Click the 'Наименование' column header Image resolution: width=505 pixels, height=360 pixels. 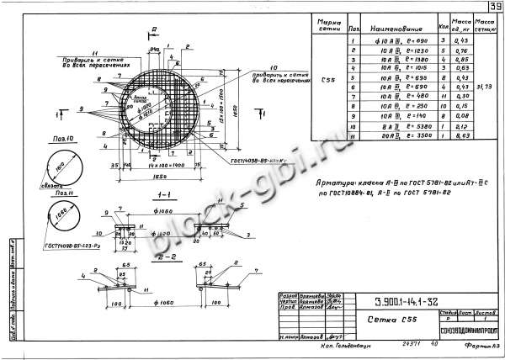389,28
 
